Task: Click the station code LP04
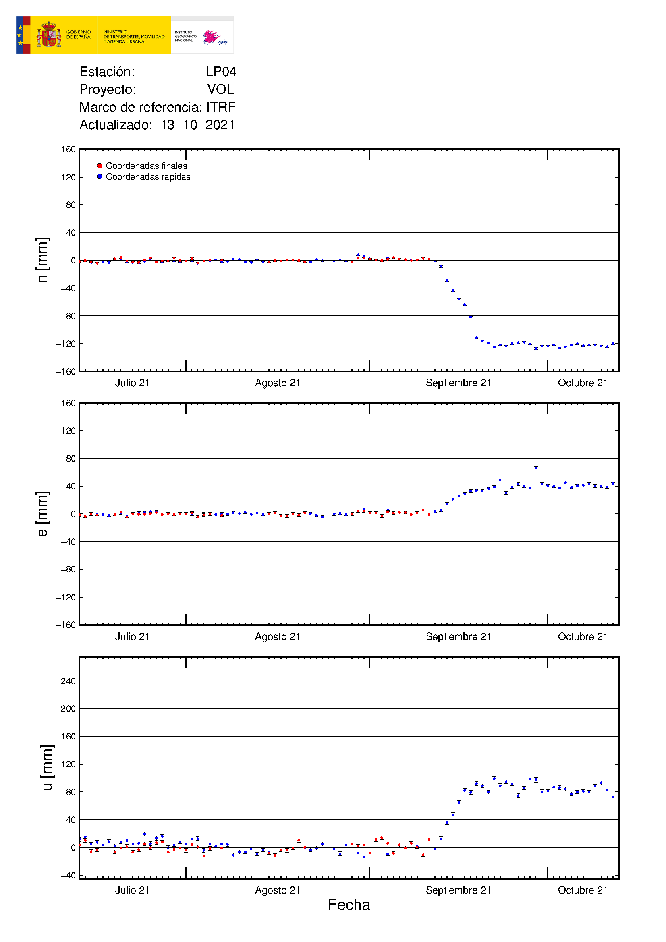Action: point(221,72)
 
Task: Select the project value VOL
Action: point(220,89)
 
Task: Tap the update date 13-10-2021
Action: point(197,125)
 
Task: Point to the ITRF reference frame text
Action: point(221,107)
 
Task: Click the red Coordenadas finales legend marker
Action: point(99,166)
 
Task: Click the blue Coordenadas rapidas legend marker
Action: point(99,176)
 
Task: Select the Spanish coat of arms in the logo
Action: point(49,35)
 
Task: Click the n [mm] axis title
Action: point(42,260)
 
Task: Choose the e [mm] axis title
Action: point(42,513)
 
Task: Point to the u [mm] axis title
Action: point(47,768)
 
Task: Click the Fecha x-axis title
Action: point(349,905)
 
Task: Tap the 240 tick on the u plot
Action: point(68,681)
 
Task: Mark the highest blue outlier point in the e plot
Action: point(536,468)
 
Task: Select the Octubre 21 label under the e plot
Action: point(582,636)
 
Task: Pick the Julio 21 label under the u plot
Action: point(132,890)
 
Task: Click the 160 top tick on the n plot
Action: point(68,149)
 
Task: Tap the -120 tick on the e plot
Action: point(66,597)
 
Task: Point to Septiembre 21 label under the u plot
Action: point(459,890)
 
